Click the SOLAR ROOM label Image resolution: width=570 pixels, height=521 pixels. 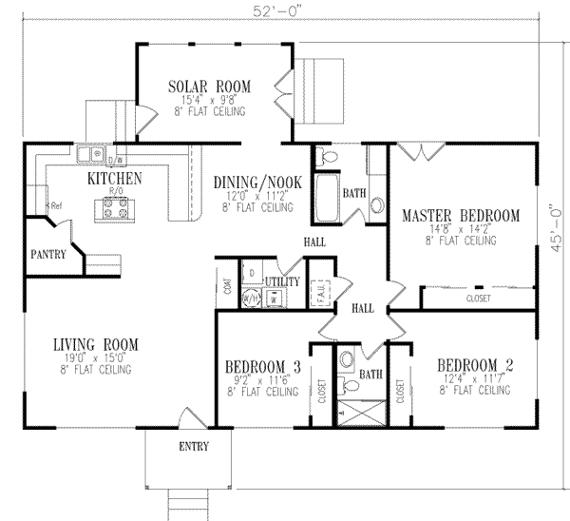[x=198, y=87]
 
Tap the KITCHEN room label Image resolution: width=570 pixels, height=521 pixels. [x=115, y=178]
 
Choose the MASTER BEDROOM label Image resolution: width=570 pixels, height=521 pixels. [x=460, y=216]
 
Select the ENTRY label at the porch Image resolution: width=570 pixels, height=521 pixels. [x=190, y=446]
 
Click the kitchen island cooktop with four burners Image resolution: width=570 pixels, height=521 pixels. [x=114, y=209]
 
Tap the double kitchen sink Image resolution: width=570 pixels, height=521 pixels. [x=92, y=151]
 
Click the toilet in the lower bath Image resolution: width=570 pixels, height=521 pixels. [x=348, y=360]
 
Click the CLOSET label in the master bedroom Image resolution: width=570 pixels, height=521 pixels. [x=479, y=297]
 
